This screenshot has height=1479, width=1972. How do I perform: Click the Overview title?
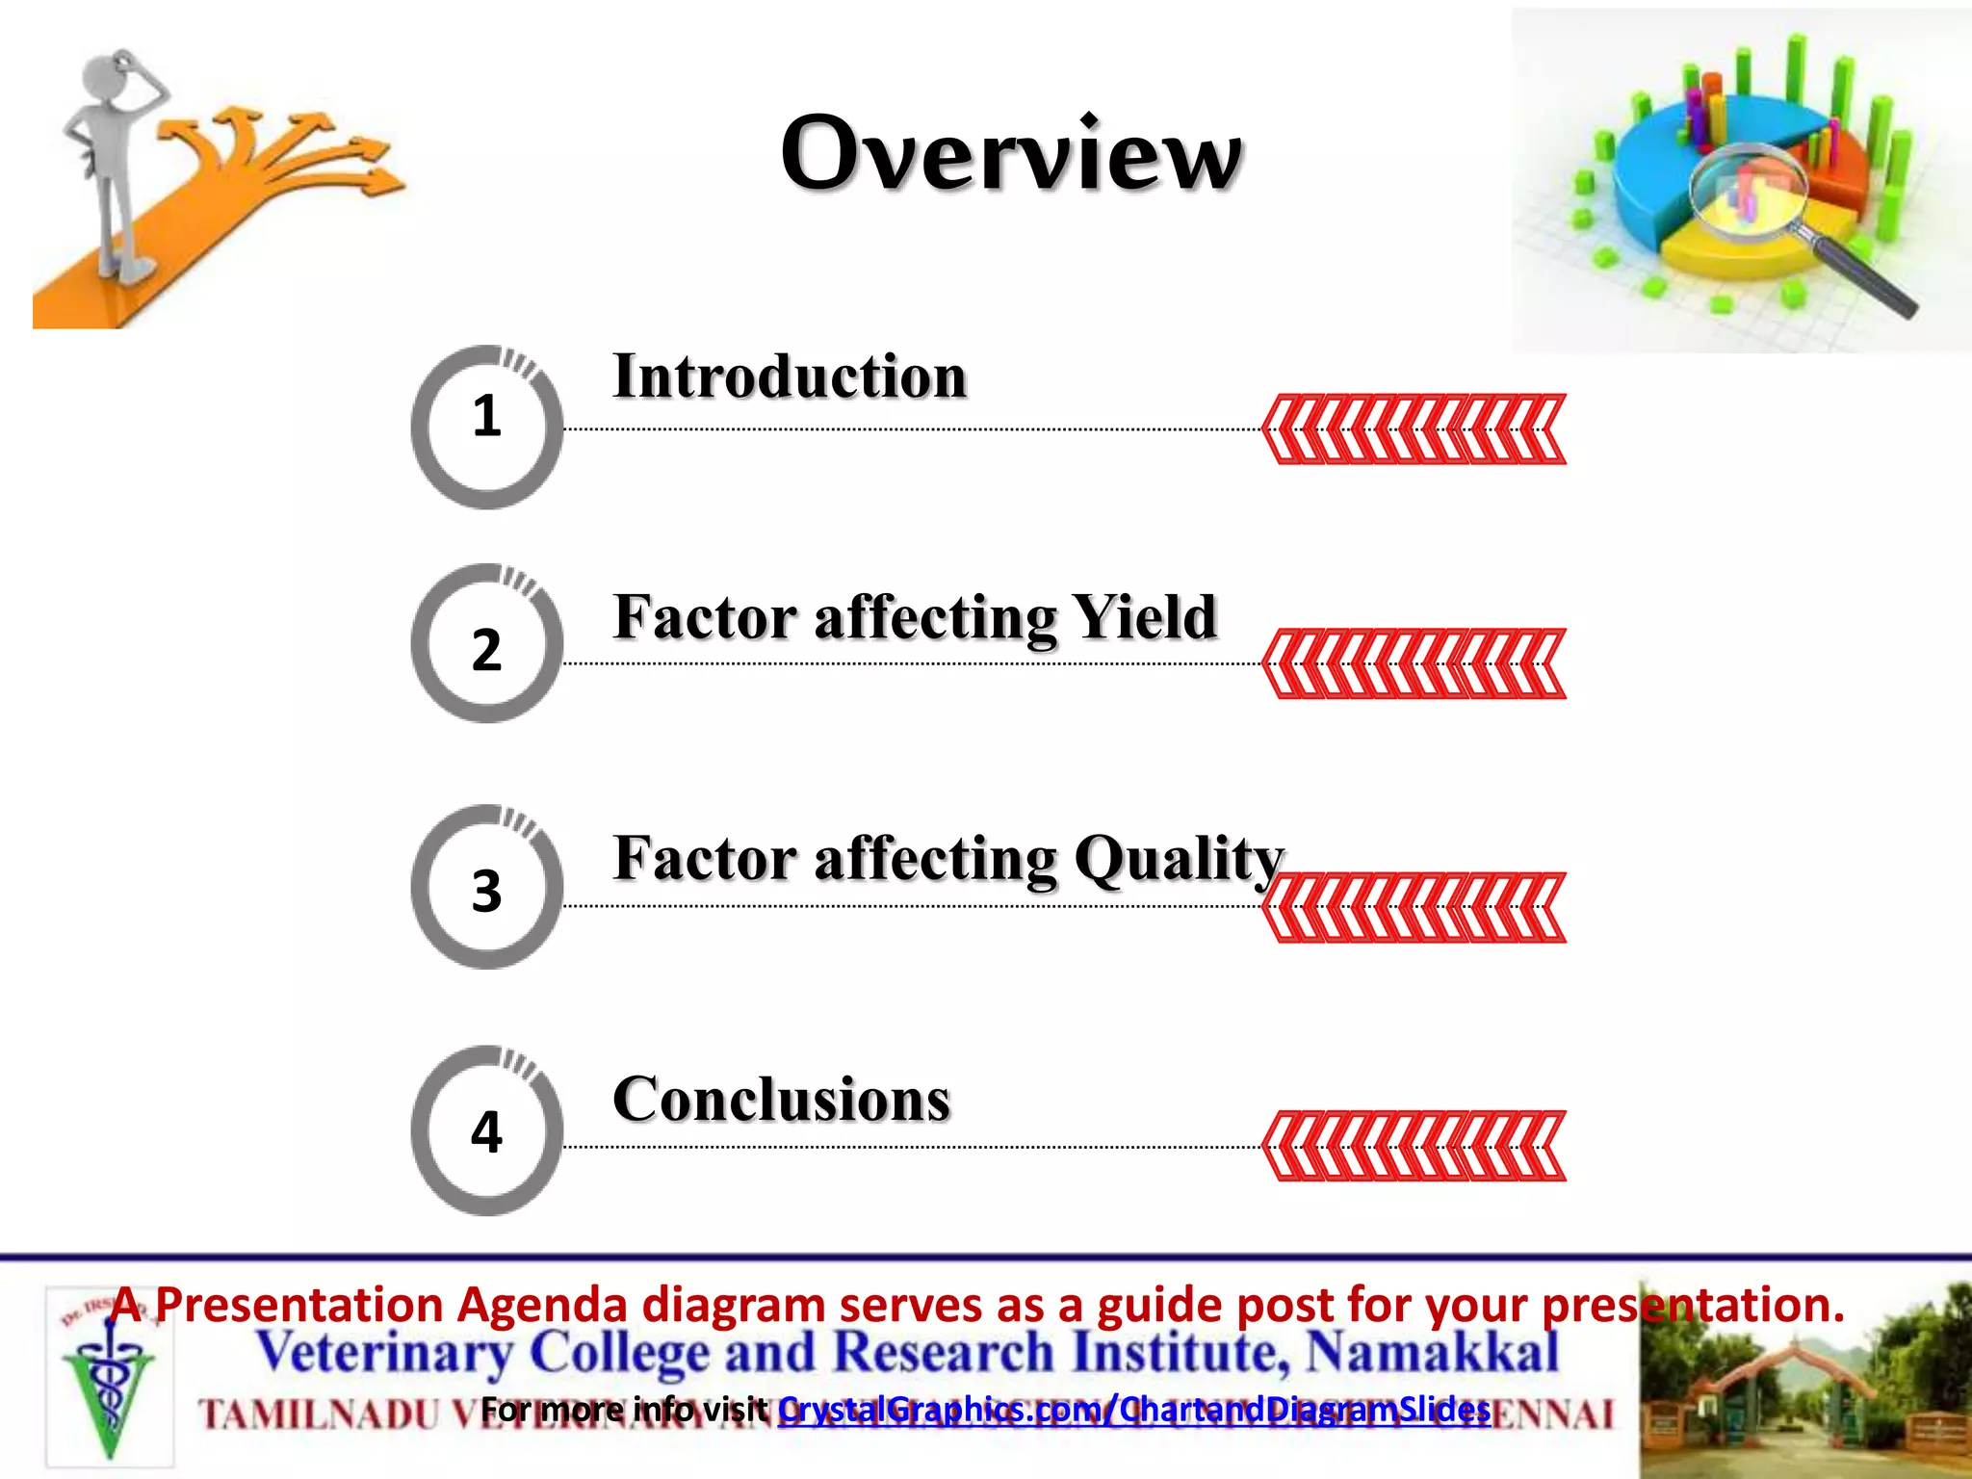tap(1011, 154)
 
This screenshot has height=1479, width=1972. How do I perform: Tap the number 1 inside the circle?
tap(486, 417)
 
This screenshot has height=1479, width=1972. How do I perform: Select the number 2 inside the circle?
tap(486, 650)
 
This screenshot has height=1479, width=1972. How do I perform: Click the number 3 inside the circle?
tap(486, 891)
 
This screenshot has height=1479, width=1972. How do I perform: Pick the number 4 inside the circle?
tap(486, 1131)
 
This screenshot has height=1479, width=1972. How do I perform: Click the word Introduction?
tap(790, 376)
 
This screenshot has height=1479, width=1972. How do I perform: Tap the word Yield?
tap(1144, 617)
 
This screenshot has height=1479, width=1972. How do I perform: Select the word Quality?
tap(1179, 859)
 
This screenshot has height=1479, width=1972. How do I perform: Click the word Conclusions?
tap(781, 1100)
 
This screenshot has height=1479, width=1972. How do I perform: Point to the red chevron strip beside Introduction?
tap(1414, 429)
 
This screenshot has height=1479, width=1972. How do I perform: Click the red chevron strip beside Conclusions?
tap(1414, 1146)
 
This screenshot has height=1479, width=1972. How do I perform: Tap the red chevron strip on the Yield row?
tap(1414, 663)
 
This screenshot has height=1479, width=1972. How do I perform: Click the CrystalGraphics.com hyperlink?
tap(1133, 1410)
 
